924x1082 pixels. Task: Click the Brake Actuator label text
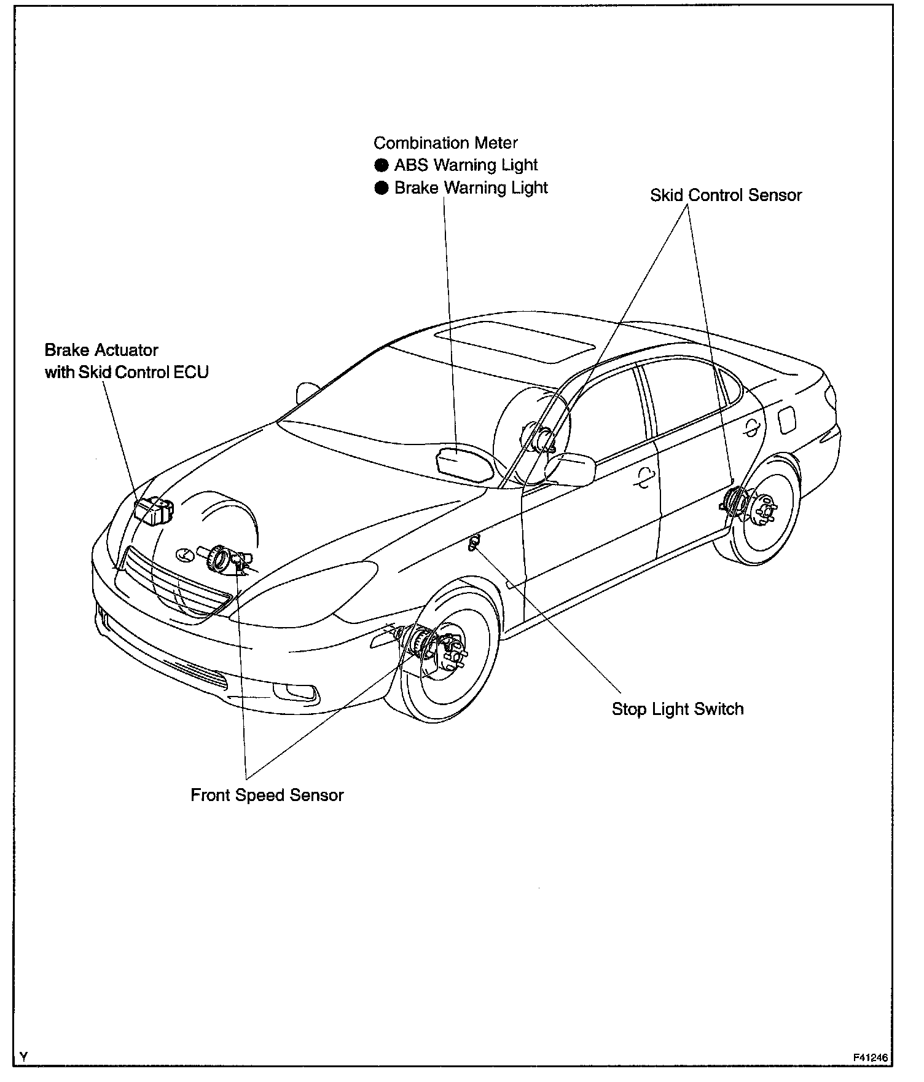click(x=101, y=350)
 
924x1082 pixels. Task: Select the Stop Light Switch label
click(x=677, y=709)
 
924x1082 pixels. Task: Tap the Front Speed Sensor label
click(x=267, y=795)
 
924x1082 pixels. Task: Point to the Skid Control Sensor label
click(x=726, y=195)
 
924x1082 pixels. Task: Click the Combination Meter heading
click(x=445, y=143)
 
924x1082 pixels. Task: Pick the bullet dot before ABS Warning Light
click(x=382, y=165)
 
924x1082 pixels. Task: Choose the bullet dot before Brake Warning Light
click(x=382, y=188)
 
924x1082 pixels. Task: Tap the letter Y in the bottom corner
click(x=23, y=1057)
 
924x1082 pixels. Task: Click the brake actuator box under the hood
click(x=154, y=510)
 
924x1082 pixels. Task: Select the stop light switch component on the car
click(x=473, y=543)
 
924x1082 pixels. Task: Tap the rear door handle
click(x=751, y=428)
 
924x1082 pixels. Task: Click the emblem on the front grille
click(x=183, y=554)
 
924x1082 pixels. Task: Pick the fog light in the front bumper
click(x=297, y=692)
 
